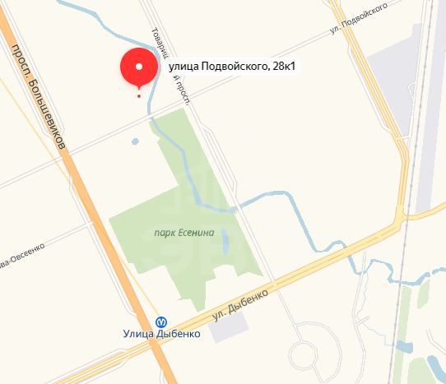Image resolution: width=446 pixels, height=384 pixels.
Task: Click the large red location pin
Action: (138, 67)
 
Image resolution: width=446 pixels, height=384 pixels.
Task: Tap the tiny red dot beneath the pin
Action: (138, 96)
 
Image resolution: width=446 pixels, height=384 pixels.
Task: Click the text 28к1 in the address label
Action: (276, 67)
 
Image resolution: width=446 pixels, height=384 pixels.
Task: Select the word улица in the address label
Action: (184, 67)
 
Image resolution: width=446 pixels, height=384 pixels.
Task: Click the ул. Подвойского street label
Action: (358, 18)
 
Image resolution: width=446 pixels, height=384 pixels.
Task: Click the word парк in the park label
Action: (164, 233)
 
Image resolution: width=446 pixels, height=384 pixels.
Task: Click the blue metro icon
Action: (161, 322)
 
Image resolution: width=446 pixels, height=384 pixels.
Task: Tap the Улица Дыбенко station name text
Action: (160, 334)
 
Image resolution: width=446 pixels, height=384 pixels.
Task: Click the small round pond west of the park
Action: (136, 141)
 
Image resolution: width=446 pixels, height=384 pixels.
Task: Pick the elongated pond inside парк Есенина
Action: (225, 241)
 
